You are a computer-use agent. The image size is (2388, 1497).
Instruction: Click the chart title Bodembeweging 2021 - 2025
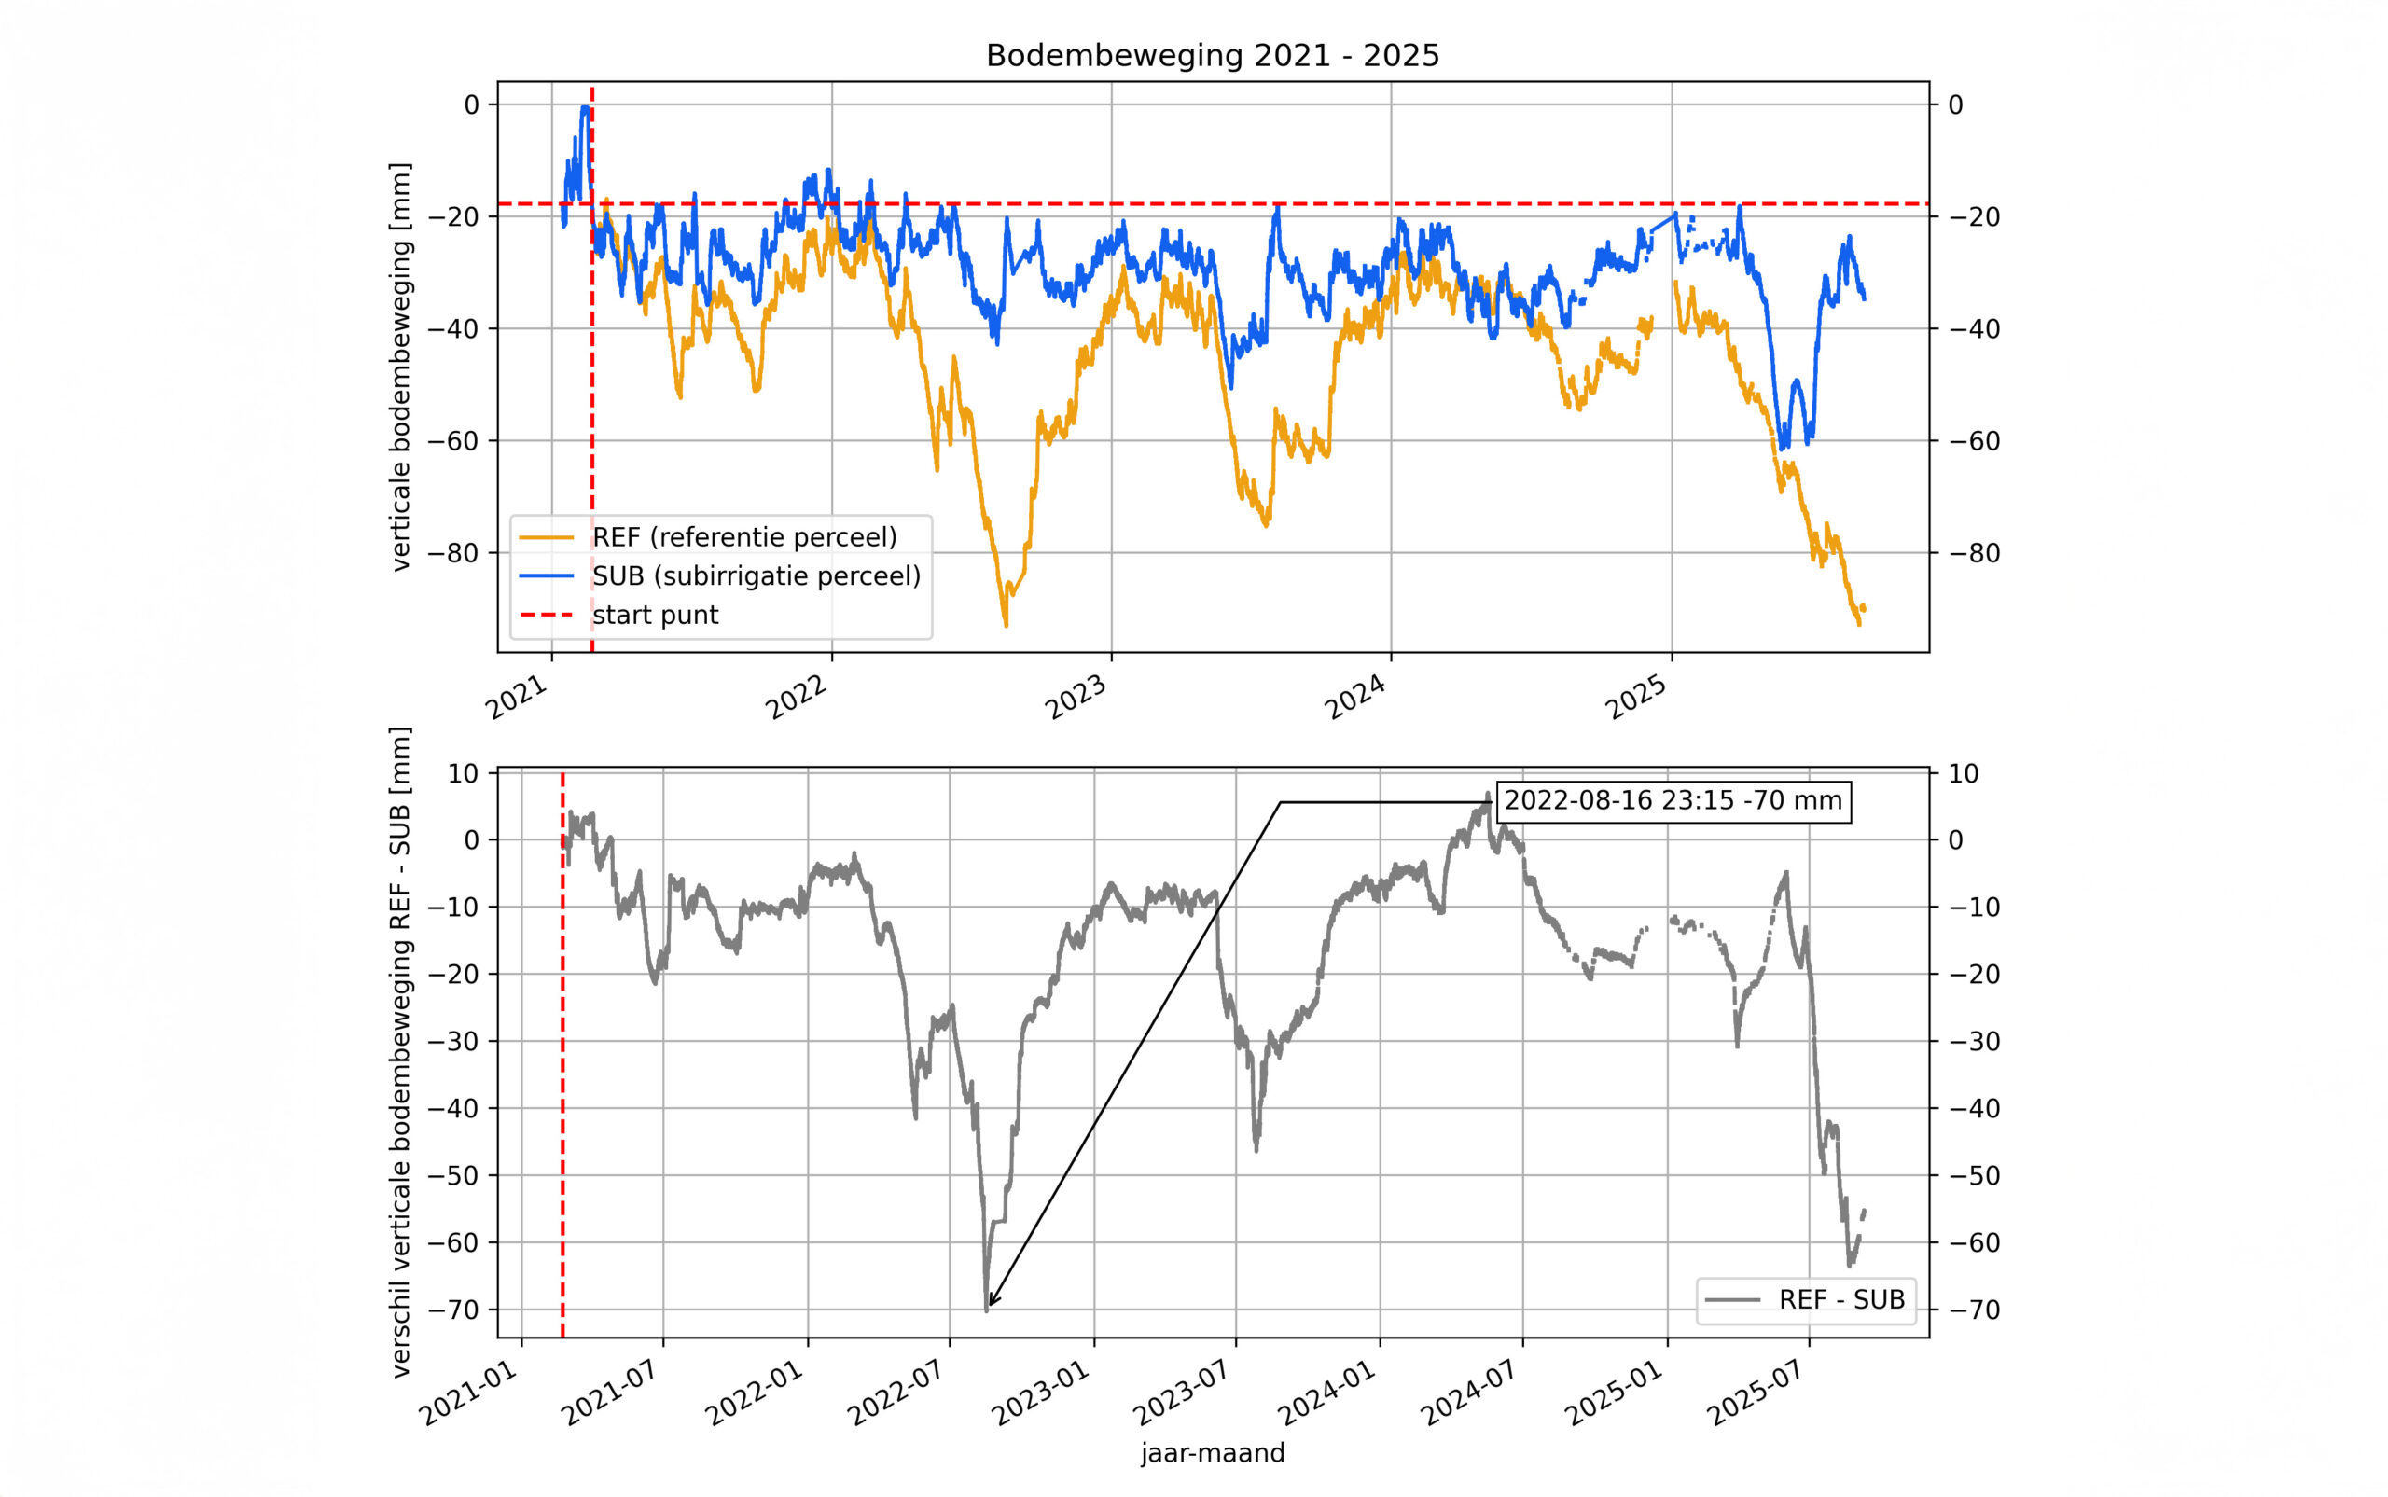coord(1212,55)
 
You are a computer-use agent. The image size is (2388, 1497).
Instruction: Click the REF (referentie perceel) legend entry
coord(743,536)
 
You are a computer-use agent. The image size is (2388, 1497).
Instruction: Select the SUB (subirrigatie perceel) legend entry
coord(756,575)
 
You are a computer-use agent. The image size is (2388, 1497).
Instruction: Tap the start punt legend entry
coord(655,615)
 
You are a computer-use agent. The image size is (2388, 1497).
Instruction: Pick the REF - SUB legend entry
coord(1840,1299)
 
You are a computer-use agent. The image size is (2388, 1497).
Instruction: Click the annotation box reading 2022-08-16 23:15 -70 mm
coord(1673,800)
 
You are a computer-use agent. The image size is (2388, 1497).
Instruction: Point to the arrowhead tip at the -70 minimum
coord(989,1306)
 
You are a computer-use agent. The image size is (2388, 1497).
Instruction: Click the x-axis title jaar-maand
coord(1212,1453)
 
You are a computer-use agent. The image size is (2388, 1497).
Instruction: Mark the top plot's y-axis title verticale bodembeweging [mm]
coord(400,367)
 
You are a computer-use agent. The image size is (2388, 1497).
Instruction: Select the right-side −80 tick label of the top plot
coord(1973,552)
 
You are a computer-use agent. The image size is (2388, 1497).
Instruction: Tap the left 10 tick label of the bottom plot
coord(463,773)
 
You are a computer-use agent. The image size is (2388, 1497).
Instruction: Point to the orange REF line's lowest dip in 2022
coord(1006,625)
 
